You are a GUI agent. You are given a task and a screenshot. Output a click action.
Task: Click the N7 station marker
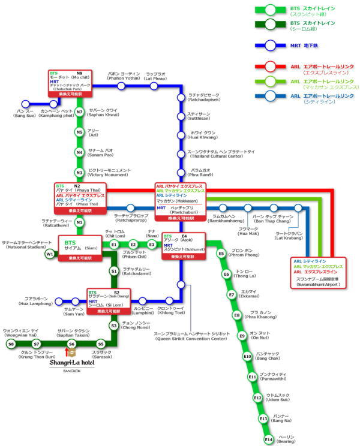79,111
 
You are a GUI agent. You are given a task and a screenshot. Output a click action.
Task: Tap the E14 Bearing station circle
269,440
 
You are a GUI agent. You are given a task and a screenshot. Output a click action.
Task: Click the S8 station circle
11,344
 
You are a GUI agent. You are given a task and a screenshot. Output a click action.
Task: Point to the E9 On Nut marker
242,336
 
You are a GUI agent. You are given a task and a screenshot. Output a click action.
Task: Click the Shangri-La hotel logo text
76,362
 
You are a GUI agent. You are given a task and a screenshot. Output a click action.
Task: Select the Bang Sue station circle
25,104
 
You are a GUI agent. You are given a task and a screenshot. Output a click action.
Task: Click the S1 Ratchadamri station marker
113,271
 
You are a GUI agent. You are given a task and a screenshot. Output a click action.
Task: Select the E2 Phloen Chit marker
133,245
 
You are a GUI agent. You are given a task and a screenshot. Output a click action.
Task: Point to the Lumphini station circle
143,301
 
